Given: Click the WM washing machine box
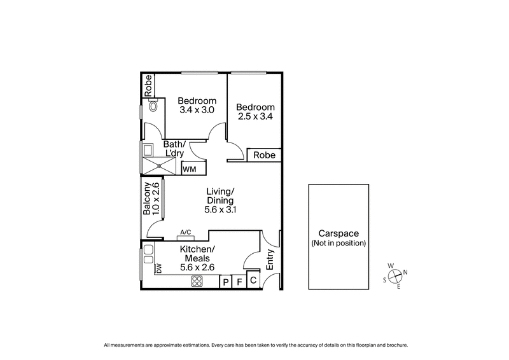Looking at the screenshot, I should [190, 169].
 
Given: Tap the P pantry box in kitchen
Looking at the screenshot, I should [225, 282].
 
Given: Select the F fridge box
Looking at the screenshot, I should [239, 282].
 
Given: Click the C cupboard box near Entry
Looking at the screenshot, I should [253, 279].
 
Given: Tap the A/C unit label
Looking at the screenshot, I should [186, 233].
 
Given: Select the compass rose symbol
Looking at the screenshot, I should [395, 276].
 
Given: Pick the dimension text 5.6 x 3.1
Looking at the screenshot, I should [221, 209].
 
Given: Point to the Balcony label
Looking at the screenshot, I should [147, 199].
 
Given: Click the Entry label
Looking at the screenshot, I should [270, 260].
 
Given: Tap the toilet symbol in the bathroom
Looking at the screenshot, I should [152, 107].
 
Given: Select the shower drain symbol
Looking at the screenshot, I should [160, 166].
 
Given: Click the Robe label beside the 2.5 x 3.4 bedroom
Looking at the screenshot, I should [264, 155].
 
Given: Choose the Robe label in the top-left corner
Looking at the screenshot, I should [148, 86].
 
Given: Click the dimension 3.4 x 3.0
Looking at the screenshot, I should [197, 109].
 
